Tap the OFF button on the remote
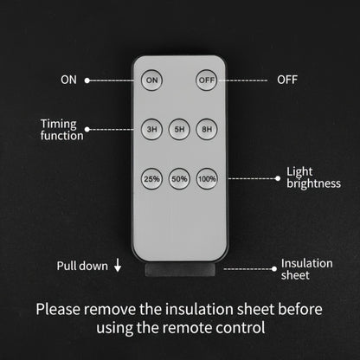[206, 80]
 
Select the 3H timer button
[151, 129]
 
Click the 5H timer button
[179, 129]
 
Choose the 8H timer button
[207, 129]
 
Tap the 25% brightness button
[151, 179]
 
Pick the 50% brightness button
[179, 179]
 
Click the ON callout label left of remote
[68, 80]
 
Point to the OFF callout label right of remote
[287, 80]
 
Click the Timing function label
[61, 130]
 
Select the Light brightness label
[313, 178]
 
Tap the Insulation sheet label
[306, 269]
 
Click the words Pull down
[82, 266]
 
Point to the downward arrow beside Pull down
[118, 265]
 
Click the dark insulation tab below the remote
[180, 269]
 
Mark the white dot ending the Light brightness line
[278, 178]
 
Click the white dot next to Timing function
[87, 130]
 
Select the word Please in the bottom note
[58, 309]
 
